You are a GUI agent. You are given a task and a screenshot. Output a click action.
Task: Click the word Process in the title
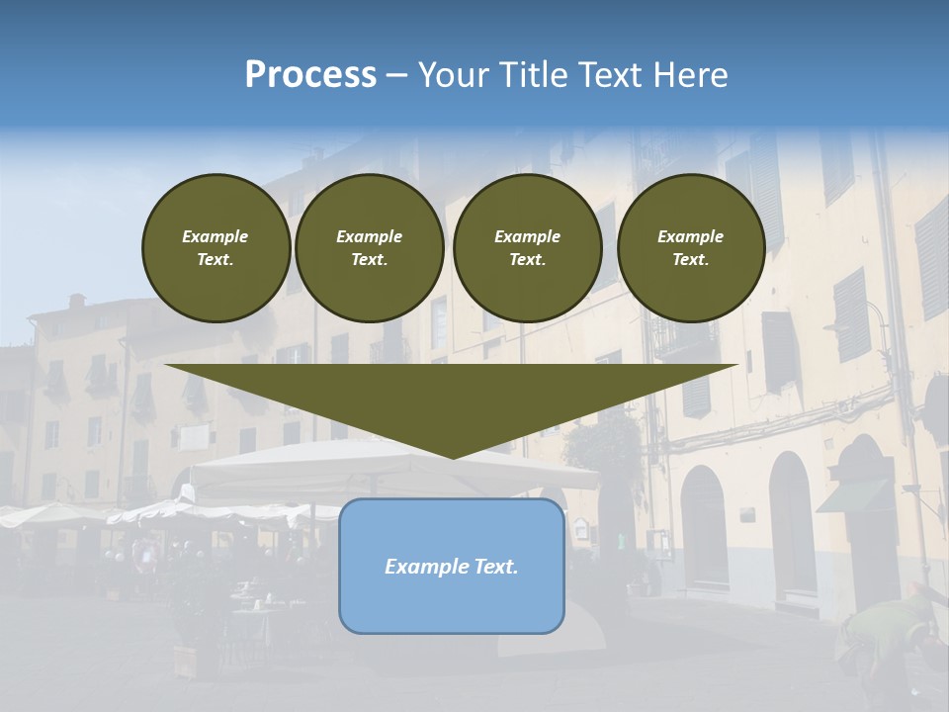pyautogui.click(x=310, y=75)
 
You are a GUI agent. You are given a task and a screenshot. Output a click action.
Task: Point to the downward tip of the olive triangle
pyautogui.click(x=452, y=454)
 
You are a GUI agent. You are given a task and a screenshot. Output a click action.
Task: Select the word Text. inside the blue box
pyautogui.click(x=494, y=567)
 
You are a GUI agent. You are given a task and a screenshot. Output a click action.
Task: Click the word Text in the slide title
pyautogui.click(x=608, y=75)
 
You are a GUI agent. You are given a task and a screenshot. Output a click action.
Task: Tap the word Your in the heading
pyautogui.click(x=454, y=75)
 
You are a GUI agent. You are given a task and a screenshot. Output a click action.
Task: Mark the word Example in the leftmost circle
pyautogui.click(x=216, y=236)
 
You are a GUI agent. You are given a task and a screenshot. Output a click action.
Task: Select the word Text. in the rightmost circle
pyautogui.click(x=691, y=259)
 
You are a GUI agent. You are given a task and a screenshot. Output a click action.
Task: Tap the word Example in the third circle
pyautogui.click(x=527, y=236)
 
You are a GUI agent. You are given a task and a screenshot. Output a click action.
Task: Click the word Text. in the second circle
pyautogui.click(x=369, y=259)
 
